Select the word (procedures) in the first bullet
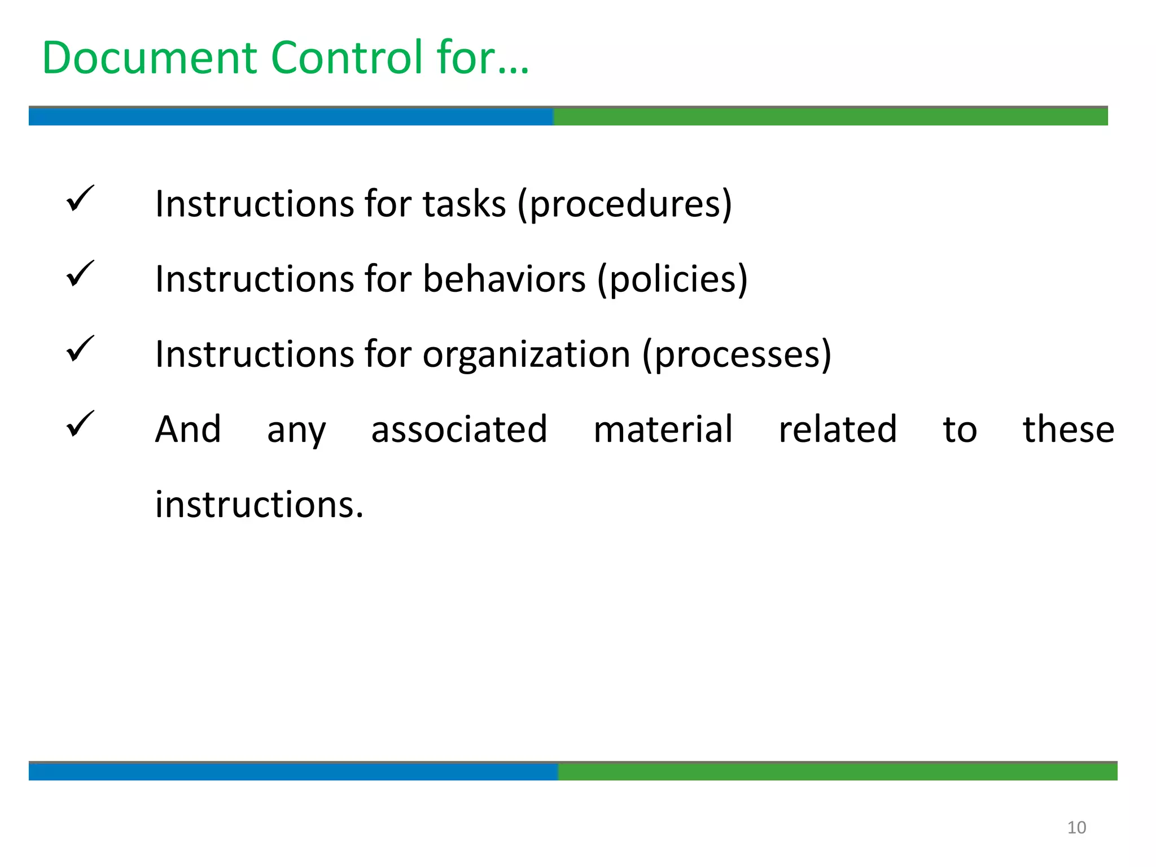624,204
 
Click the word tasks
465,204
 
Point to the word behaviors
504,279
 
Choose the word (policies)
672,279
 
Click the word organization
526,354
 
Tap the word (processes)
737,354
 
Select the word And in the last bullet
188,429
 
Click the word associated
459,429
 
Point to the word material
663,429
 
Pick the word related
838,429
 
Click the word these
1069,429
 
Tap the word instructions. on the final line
259,504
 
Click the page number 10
1076,827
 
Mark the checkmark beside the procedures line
80,199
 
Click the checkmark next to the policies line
80,274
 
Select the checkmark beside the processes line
80,349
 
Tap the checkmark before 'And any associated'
80,424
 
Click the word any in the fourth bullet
296,431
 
